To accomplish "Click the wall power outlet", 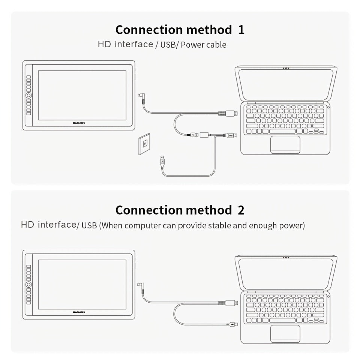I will click(x=145, y=144).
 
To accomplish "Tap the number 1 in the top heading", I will click(x=241, y=30).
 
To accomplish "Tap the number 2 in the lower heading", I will click(x=241, y=210).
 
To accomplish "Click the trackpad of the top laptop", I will click(x=285, y=144).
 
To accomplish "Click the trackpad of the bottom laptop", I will click(x=285, y=333).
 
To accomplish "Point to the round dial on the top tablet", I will click(x=29, y=96).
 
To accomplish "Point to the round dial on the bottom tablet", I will click(x=29, y=285).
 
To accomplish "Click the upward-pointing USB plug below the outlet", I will click(x=162, y=161).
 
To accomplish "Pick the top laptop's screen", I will click(x=286, y=85).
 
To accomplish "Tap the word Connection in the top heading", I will click(x=149, y=30).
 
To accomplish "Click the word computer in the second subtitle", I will click(x=142, y=226).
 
